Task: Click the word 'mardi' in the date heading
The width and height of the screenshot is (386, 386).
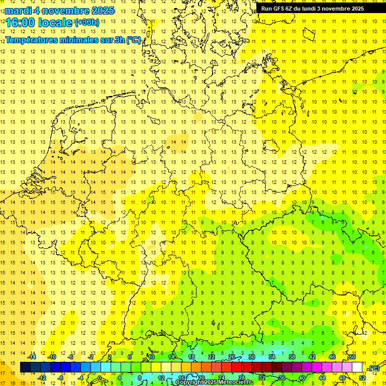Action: (x=18, y=11)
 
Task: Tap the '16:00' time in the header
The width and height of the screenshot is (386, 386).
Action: (x=20, y=23)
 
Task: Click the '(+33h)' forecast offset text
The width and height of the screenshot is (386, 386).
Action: (x=87, y=22)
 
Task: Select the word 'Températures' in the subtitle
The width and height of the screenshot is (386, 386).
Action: (x=31, y=40)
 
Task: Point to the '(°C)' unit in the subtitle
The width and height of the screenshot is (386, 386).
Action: (x=133, y=40)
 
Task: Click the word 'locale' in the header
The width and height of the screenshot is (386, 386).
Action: (x=55, y=23)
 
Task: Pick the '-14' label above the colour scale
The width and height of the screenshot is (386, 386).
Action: (x=33, y=357)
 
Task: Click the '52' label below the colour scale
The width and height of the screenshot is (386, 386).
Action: (x=362, y=377)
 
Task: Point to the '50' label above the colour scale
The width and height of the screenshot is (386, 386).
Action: (x=352, y=357)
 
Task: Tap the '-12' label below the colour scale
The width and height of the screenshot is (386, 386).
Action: (x=42, y=377)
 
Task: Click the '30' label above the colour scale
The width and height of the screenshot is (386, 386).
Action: (x=252, y=357)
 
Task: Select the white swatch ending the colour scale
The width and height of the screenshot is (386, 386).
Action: (x=357, y=367)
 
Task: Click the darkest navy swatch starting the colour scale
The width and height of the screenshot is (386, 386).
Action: (x=25, y=367)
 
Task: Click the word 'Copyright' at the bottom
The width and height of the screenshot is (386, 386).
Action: (x=190, y=382)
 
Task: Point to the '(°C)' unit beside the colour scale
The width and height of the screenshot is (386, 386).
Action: (x=373, y=368)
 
